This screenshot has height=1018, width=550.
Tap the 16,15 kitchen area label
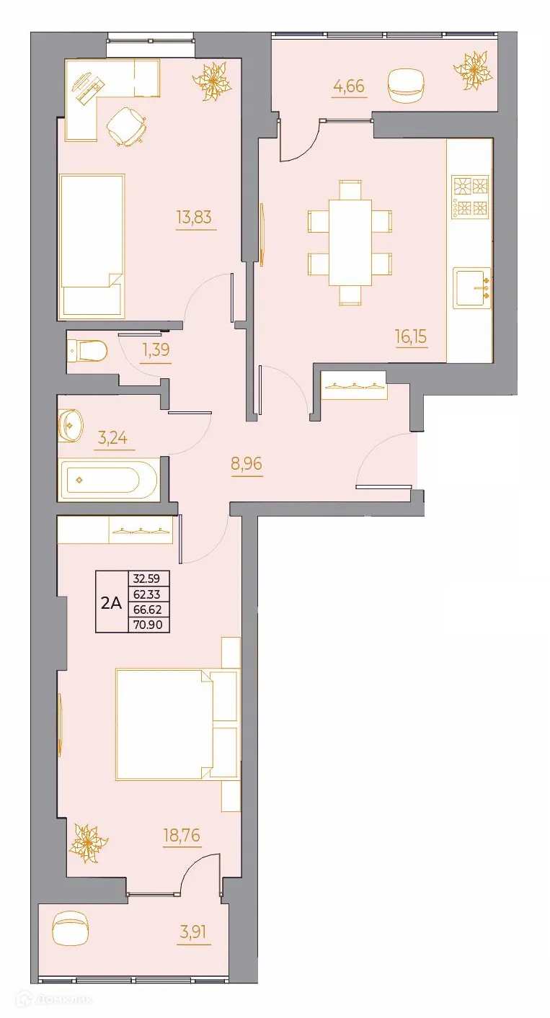(412, 336)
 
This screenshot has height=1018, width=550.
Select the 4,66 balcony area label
(349, 87)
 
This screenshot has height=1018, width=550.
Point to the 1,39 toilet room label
(156, 351)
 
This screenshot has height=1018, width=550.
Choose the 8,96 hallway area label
(246, 463)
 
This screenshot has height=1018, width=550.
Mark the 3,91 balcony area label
(193, 932)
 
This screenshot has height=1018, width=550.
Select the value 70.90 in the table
(148, 625)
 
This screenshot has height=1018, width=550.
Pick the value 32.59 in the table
(148, 577)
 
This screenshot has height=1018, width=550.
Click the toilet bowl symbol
(87, 352)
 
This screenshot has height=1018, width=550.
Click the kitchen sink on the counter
(471, 287)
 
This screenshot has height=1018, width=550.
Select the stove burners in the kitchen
(470, 197)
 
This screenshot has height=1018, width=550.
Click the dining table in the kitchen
(350, 241)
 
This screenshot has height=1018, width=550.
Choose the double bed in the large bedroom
(177, 724)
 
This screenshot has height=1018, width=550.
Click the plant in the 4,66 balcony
(473, 71)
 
